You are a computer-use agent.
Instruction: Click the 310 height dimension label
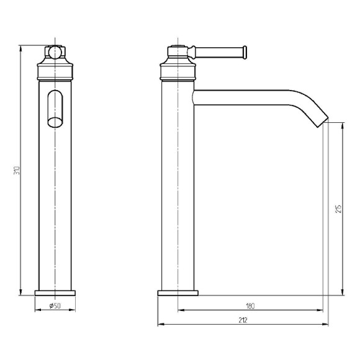point(17,170)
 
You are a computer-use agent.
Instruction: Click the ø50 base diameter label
point(55,305)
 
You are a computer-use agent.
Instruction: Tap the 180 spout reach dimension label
point(250,306)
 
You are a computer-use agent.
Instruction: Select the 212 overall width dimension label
point(243,320)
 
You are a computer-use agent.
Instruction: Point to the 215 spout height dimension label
point(338,209)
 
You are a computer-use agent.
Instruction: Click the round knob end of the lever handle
point(245,53)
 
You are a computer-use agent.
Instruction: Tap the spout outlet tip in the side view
point(323,123)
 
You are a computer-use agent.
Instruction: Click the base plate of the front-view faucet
point(55,293)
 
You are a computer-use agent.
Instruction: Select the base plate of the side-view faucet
point(178,293)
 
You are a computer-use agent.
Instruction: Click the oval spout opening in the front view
point(55,122)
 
